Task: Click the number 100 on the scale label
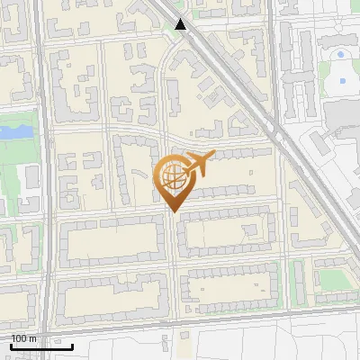click(20, 338)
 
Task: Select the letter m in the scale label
click(33, 338)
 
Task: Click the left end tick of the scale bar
click(11, 345)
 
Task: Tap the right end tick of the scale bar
click(73, 345)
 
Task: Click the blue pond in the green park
click(13, 132)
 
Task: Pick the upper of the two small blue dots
click(339, 55)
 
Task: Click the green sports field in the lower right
click(334, 280)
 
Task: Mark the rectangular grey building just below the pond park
click(30, 176)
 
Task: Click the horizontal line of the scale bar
click(41, 346)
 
